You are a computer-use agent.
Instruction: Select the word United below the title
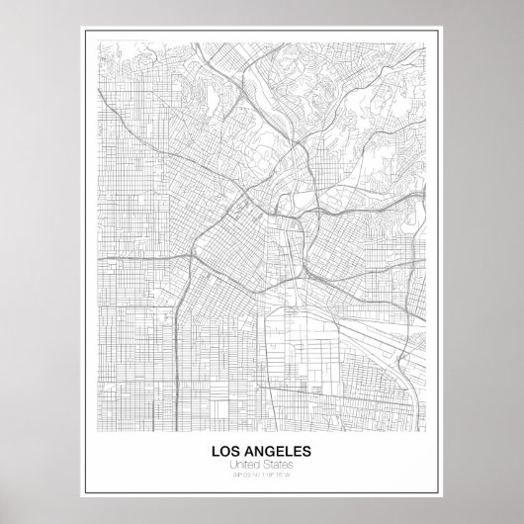click(244, 466)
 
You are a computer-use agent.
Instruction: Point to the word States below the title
click(279, 466)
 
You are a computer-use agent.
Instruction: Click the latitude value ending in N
click(246, 477)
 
